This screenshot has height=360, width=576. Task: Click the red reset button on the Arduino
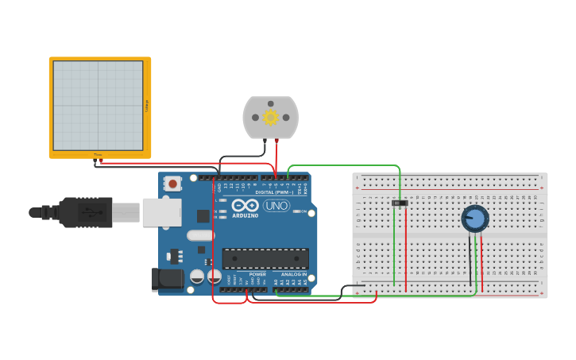click(173, 184)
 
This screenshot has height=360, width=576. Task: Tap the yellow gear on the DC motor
click(270, 118)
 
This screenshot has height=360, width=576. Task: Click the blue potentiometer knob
click(475, 219)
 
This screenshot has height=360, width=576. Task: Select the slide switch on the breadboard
click(400, 203)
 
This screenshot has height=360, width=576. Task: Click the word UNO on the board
click(276, 206)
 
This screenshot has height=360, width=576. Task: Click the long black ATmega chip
click(265, 258)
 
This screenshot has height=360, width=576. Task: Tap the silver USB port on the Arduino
click(162, 212)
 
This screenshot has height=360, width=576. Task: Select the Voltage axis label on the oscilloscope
click(146, 106)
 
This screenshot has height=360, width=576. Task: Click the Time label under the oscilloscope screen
click(99, 154)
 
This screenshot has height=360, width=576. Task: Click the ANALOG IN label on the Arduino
click(293, 274)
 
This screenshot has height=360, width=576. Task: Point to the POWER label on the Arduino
click(257, 274)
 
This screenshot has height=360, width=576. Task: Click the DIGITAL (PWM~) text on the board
click(274, 192)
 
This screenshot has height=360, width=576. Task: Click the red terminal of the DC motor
click(276, 141)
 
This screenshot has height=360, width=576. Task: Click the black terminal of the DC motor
click(264, 141)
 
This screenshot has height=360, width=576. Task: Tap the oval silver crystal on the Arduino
click(200, 235)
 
